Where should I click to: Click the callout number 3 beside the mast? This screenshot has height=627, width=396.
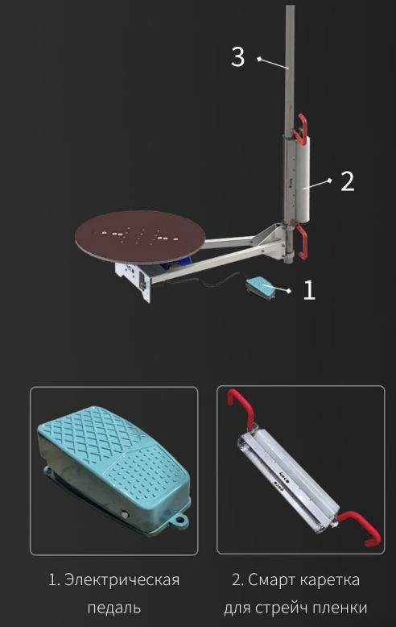click(238, 56)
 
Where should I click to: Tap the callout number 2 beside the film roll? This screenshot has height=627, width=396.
click(347, 181)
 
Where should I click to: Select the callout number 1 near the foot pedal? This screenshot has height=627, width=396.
click(309, 290)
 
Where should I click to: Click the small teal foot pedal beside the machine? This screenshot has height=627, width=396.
click(261, 288)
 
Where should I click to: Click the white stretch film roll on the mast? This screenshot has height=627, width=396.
click(305, 178)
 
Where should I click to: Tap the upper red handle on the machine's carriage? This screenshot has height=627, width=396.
click(301, 127)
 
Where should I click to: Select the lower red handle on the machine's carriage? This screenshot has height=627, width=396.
click(301, 239)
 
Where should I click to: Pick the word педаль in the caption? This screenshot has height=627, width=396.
click(114, 608)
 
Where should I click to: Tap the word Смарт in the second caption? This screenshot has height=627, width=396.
click(271, 579)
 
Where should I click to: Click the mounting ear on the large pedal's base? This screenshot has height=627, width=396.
click(179, 520)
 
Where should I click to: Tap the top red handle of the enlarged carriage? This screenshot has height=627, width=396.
click(241, 408)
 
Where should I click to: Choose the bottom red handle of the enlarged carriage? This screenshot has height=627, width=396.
click(360, 528)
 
